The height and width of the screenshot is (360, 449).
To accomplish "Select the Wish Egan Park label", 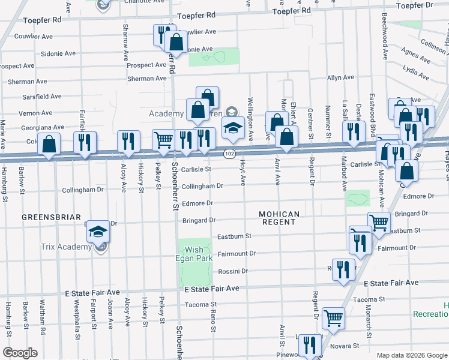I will (x=194, y=254).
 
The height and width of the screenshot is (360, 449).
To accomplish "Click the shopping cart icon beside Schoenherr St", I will (x=163, y=140).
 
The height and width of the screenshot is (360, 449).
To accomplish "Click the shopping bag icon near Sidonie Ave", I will (x=176, y=41).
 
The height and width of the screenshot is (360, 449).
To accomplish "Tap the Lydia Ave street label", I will (x=417, y=73).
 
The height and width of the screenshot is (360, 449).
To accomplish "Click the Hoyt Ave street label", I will (x=243, y=172).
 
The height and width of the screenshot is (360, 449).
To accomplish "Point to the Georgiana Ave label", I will (x=41, y=127).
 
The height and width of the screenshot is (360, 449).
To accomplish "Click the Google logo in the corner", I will (x=20, y=353).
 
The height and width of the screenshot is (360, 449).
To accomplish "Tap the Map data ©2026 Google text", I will (x=412, y=355).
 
